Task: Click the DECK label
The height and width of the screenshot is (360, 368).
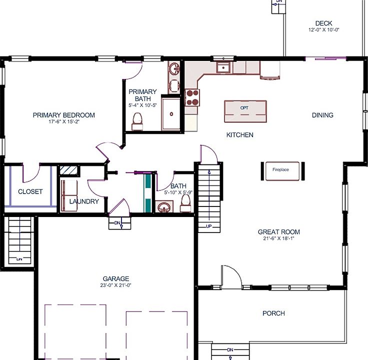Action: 323,23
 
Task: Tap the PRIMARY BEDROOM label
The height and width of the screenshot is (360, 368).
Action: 63,115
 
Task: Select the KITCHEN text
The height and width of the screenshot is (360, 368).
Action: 239,135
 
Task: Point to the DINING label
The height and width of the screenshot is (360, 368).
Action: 322,115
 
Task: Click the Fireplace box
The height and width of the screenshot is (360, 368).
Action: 280,170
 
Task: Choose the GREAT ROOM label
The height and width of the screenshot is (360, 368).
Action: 278,232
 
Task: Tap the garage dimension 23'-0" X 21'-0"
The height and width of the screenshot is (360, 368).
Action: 115,285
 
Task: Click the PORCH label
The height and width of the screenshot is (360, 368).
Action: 273,313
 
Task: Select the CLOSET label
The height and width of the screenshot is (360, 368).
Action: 30,191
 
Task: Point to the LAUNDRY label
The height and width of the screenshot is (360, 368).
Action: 84,201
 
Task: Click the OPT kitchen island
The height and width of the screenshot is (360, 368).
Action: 244,111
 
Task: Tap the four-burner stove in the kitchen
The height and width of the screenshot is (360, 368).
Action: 192,96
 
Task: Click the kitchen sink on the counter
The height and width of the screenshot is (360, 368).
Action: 223,67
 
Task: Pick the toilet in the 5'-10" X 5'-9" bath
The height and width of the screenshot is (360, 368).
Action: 185,201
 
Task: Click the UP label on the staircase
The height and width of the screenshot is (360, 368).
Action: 209,226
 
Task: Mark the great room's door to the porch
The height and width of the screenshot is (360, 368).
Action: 231,276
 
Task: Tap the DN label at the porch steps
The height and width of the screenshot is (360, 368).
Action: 230,349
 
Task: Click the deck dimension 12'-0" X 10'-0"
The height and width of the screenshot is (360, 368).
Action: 323,30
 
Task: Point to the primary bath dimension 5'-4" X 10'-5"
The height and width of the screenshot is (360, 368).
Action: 142,105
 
